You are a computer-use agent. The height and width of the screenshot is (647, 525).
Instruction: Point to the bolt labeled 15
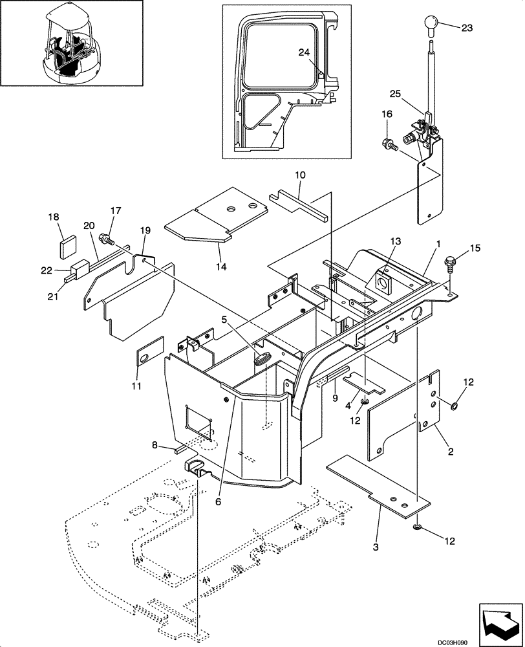pyautogui.click(x=448, y=264)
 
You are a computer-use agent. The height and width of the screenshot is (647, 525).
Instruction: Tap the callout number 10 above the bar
pyautogui.click(x=300, y=175)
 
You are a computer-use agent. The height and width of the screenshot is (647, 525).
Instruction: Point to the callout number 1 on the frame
pyautogui.click(x=438, y=244)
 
